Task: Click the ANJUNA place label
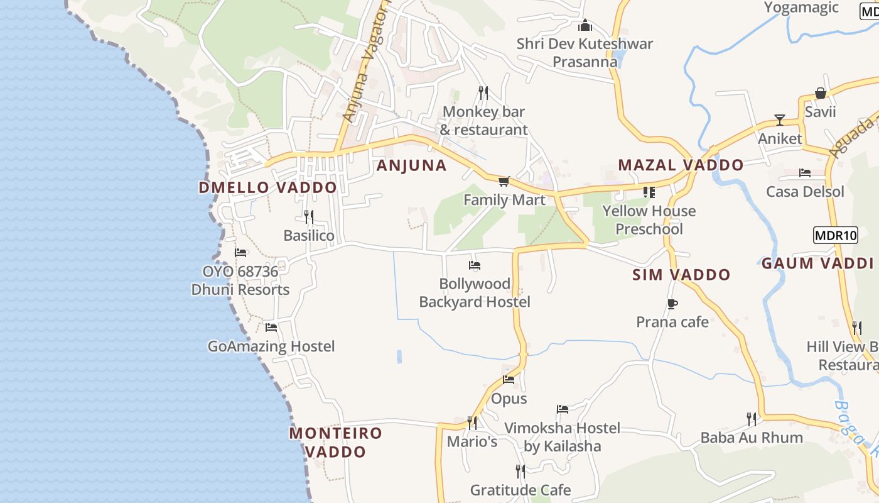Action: coord(411,165)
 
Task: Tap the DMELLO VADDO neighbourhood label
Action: coord(267,187)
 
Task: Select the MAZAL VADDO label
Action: coord(681,165)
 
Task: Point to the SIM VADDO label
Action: coord(681,275)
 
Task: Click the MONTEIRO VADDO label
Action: coord(335,442)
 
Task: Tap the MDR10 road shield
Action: coord(835,236)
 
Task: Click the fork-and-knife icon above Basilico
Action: coord(308,217)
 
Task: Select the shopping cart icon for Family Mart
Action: coord(503,182)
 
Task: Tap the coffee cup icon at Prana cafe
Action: coord(672,304)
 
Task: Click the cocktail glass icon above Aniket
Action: coord(780,119)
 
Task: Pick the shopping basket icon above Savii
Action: coord(820,93)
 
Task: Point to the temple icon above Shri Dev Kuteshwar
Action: coord(585,25)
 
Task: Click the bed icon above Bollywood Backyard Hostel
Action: coord(475,265)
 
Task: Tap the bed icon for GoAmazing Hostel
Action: coord(271,328)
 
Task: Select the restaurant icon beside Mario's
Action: coord(472,423)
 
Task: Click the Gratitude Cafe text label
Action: coord(520,490)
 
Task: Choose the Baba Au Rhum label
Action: coord(752,438)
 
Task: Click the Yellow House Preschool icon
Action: coord(649,192)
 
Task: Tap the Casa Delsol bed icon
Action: coord(805,173)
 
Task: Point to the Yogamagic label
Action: coord(801,8)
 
